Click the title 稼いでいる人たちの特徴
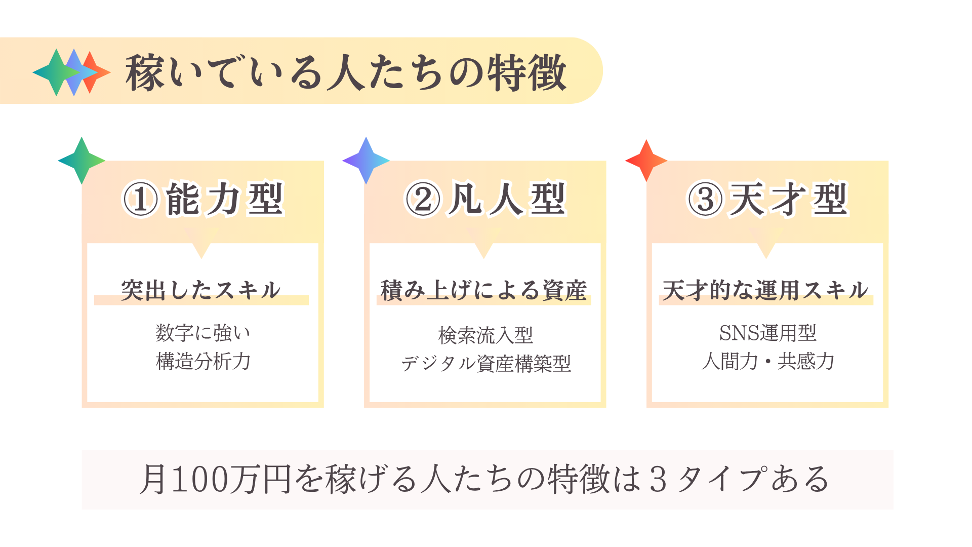coord(346,72)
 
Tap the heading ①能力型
coord(203,199)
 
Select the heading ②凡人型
coord(485,199)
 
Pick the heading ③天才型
coord(767,199)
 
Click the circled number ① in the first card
coord(141,200)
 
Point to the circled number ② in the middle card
coord(423,200)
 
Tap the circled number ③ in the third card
coord(705,200)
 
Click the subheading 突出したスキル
coord(200,290)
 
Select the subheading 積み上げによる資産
coord(483,290)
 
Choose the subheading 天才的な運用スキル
coord(765,290)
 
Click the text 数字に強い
coord(203,333)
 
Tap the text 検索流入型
coord(485,335)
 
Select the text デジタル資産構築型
coord(486,363)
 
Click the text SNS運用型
coord(768,333)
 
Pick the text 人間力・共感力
coord(768,361)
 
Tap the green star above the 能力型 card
coord(82,161)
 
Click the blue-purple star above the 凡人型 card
coord(366,161)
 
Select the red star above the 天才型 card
coord(646,161)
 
